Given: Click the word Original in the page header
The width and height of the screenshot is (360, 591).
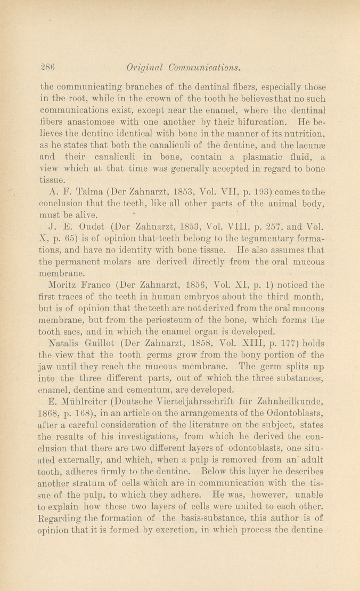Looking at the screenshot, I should pos(141,68).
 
